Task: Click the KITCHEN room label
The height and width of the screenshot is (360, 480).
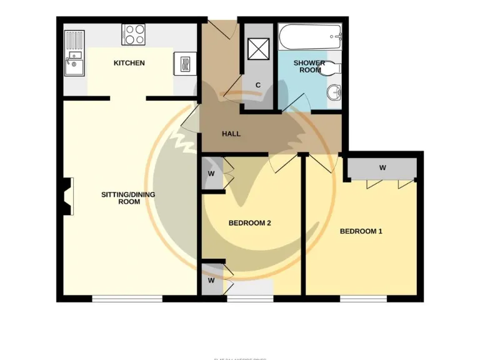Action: (129, 63)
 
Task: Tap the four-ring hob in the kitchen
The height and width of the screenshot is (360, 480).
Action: (133, 34)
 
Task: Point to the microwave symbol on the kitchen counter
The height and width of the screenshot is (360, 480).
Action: (185, 64)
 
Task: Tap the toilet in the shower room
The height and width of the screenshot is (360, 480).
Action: (332, 68)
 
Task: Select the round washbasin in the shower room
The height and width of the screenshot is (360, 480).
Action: (334, 94)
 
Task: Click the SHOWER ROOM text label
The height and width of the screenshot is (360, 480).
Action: (309, 66)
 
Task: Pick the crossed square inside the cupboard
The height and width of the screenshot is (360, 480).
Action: (257, 48)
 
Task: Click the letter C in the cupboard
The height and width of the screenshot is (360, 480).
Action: (257, 85)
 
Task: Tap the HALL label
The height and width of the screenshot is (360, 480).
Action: (231, 134)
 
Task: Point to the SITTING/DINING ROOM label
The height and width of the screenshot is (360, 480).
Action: (128, 198)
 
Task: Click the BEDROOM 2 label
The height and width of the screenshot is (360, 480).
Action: (249, 223)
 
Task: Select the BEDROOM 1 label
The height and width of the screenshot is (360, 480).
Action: (361, 231)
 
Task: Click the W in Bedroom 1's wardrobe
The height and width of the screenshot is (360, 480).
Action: (382, 167)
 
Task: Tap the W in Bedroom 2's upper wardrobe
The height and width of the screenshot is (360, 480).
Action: (211, 173)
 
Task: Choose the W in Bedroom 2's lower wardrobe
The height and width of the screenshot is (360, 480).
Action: (211, 280)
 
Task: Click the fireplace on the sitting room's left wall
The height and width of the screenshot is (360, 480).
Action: (67, 196)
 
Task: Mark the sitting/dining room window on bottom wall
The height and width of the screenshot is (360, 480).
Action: (127, 299)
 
